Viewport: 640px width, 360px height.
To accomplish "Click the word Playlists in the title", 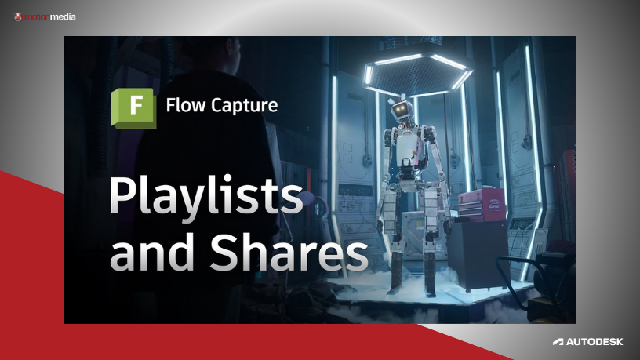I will (x=205, y=197).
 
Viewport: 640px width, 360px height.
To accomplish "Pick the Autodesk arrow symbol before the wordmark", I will (x=558, y=342).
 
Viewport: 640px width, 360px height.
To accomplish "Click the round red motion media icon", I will (x=18, y=16).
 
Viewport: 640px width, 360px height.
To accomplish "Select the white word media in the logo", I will (x=63, y=16).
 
